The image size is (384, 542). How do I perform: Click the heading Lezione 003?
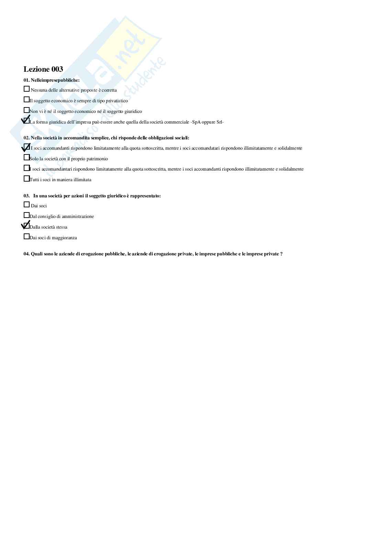point(43,69)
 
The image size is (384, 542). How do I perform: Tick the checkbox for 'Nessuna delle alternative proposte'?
point(26,89)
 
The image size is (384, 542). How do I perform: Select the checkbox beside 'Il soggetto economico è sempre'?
point(26,100)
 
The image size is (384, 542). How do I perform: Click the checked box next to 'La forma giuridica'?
point(26,121)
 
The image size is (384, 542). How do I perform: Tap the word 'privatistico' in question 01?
point(117,101)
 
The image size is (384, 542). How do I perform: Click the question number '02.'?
point(26,138)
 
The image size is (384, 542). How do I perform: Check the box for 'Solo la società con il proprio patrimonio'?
point(26,158)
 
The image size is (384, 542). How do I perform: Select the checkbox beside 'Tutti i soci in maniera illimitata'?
point(26,178)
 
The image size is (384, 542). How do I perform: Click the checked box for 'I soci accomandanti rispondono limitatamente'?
point(26,147)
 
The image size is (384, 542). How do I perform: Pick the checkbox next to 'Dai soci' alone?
point(26,205)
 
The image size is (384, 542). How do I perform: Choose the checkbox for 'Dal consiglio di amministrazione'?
point(26,215)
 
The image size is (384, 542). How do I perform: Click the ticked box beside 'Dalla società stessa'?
point(26,226)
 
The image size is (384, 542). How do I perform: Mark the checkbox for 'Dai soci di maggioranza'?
point(26,237)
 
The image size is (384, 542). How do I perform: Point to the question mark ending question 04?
point(281,254)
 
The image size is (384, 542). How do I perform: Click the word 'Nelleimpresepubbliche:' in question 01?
point(55,80)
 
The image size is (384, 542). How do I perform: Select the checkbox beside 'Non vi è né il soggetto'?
point(26,110)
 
